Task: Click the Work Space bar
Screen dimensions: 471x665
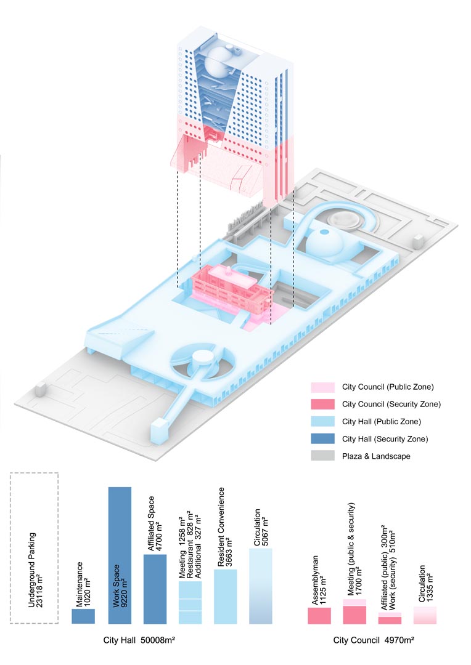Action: pos(120,555)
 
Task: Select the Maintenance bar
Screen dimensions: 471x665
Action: pos(83,616)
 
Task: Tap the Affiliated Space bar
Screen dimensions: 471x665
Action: pos(155,589)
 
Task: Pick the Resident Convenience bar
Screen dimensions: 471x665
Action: pos(226,596)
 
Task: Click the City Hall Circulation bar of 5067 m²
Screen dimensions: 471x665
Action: pos(261,586)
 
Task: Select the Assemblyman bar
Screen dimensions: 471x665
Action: pos(319,616)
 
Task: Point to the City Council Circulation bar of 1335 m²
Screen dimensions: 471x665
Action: pos(425,615)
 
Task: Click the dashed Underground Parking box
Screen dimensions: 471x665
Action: pos(34,548)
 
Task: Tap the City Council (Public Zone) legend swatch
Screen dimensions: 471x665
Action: pos(323,387)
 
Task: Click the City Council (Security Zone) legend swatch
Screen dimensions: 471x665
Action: pos(323,404)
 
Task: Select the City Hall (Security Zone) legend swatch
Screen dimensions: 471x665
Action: pos(323,439)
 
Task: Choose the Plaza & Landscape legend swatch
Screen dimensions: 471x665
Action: pos(323,456)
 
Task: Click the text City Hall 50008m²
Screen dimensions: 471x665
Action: pos(139,640)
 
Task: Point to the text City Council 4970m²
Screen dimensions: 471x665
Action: pos(374,640)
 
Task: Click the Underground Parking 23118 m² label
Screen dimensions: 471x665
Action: pos(35,570)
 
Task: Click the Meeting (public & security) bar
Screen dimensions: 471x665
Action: pos(354,611)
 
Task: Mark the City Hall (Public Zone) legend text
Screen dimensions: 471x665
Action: pos(382,422)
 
